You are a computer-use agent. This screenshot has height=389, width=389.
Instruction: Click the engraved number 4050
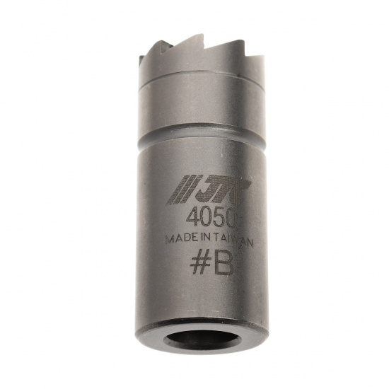[211, 218]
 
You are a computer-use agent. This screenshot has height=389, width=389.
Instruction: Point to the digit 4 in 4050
[193, 218]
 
